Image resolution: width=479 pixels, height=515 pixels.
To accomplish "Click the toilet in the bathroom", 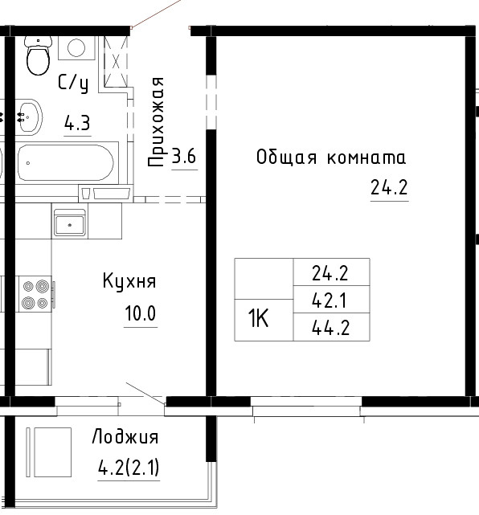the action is coord(39,55).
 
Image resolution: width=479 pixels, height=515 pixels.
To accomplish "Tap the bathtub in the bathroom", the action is coord(66,163).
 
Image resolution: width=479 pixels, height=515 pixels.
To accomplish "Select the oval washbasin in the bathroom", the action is coord(29,117).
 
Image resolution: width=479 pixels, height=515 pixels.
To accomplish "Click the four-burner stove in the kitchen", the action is coord(35,293).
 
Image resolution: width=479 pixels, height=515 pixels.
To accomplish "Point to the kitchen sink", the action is coord(70,223).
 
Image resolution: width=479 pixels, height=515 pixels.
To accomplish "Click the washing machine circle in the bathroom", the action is coord(76,48).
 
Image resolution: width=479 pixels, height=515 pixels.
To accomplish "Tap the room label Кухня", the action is coord(129,281).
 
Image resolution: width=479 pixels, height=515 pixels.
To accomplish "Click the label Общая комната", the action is coord(331,157).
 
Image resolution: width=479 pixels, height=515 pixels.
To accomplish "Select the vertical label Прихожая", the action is coord(156,122).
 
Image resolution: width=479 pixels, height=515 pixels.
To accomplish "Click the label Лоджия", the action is coord(125,437).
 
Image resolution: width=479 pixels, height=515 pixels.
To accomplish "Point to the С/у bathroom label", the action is coord(73,83).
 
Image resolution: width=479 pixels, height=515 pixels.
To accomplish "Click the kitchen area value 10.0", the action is coord(141,313).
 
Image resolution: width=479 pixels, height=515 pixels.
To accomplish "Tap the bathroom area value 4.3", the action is coord(77,124).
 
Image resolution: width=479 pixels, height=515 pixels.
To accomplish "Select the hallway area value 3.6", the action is coord(184,156).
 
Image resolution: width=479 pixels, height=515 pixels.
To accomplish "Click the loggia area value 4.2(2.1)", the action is coord(129,468).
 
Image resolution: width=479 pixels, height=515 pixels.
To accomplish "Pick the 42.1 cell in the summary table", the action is coord(331,300).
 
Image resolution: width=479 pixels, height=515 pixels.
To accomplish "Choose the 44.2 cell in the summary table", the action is coord(331,327).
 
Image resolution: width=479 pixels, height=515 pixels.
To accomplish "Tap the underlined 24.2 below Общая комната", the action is coord(389,187).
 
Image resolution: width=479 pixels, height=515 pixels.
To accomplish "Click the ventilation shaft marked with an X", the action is coord(116,61).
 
